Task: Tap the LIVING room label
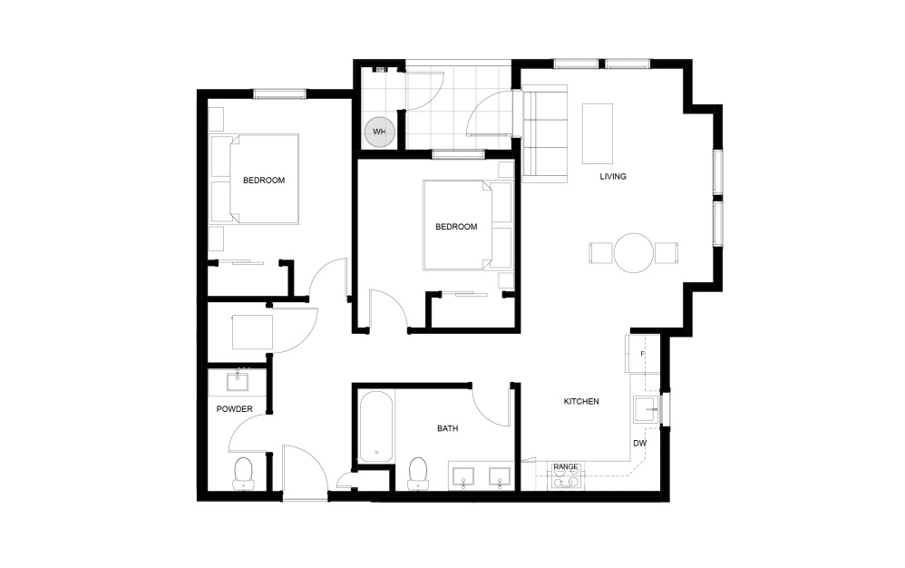tap(613, 176)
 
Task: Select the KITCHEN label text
tap(581, 401)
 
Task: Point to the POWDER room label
tap(234, 409)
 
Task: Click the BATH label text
tap(448, 428)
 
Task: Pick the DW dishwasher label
tap(639, 444)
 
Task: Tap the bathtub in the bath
tap(375, 426)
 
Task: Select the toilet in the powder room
tap(243, 472)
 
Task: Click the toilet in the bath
tap(418, 471)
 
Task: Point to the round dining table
tap(633, 252)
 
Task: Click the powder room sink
tap(242, 378)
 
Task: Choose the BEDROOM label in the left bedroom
tap(264, 181)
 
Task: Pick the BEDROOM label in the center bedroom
tap(456, 227)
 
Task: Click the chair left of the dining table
tap(600, 252)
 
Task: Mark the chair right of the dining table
tap(666, 252)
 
